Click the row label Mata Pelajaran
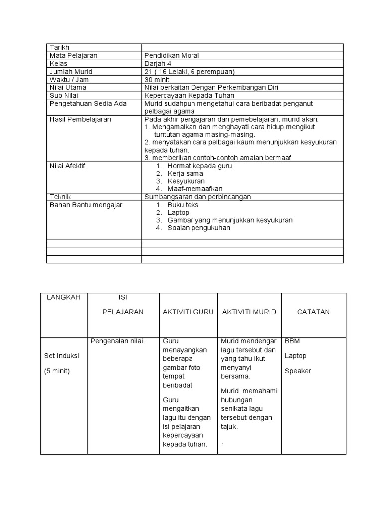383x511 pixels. (x=73, y=56)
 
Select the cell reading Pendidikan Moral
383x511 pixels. (x=172, y=56)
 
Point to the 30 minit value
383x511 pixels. (x=157, y=80)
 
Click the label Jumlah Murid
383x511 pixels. (x=71, y=72)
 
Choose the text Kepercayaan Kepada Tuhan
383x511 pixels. (x=189, y=96)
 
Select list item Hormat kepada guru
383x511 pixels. (x=199, y=166)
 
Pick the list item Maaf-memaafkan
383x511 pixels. (x=195, y=189)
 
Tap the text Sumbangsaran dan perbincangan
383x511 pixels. (x=197, y=197)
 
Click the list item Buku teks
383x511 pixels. (x=183, y=205)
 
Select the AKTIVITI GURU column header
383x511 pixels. (x=188, y=312)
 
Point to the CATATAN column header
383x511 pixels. (x=313, y=312)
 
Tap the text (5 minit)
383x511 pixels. (x=57, y=371)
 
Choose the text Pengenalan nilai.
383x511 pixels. (x=118, y=341)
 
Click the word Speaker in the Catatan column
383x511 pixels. (x=298, y=371)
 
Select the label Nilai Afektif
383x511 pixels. (x=67, y=166)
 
